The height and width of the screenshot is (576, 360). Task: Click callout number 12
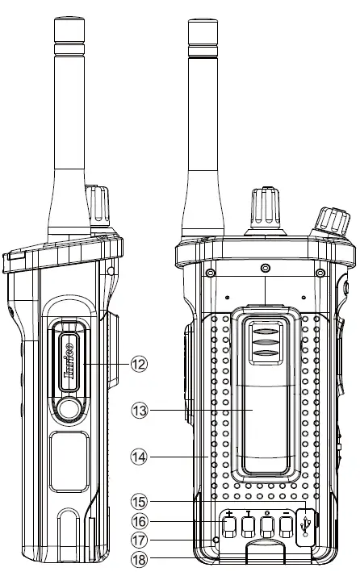tap(140, 365)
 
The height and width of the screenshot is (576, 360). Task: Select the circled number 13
tap(140, 411)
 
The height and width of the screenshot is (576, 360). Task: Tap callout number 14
tap(140, 456)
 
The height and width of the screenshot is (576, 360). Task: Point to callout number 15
tap(140, 501)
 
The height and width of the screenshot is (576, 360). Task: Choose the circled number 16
tap(140, 520)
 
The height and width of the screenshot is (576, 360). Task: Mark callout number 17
tap(140, 540)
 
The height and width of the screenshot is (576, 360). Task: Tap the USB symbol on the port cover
tap(306, 525)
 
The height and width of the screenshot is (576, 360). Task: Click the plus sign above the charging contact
tap(229, 514)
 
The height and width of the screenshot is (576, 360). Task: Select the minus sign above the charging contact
tap(287, 514)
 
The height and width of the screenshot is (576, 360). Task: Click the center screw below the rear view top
tap(265, 266)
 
